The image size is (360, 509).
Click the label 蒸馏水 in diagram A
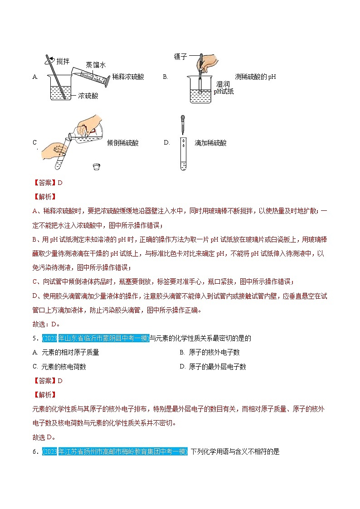coord(96,65)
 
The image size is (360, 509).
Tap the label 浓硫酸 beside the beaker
coord(88,96)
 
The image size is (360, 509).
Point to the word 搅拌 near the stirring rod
coord(63,61)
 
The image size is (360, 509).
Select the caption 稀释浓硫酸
coord(128,77)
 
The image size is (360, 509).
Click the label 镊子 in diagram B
coord(180,57)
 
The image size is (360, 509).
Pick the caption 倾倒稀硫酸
coord(122,143)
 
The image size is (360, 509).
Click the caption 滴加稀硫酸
coord(210,143)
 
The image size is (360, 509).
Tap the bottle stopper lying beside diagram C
coord(97,166)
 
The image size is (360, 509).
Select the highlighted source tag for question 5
coord(95,338)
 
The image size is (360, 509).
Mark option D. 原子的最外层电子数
coord(213,367)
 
